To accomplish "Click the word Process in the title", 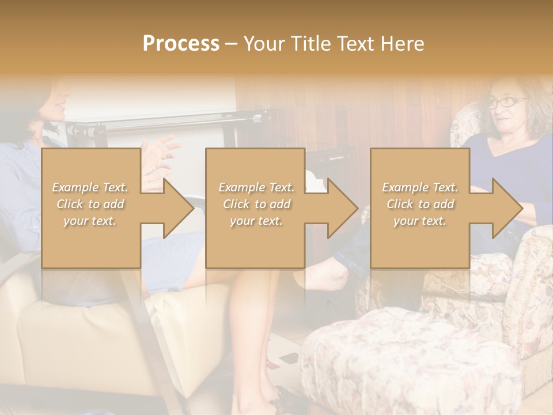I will [x=181, y=44].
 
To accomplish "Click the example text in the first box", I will [x=90, y=204].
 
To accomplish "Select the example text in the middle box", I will [x=256, y=204].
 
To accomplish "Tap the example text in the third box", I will [x=419, y=204].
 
